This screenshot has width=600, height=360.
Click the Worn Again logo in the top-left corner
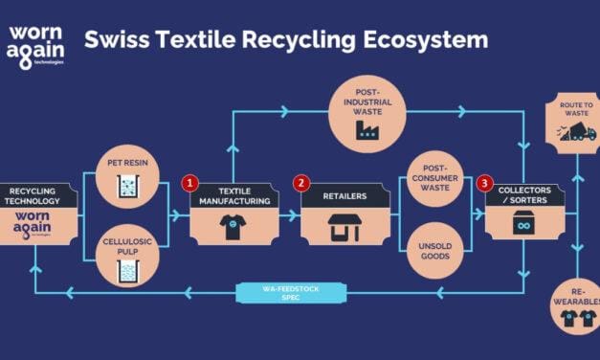point(36,45)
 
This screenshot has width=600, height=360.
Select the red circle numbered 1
point(190,182)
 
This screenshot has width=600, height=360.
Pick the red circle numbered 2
point(301,182)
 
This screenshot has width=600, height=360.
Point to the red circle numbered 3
point(485,182)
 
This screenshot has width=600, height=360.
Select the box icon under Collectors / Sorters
point(522,225)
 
